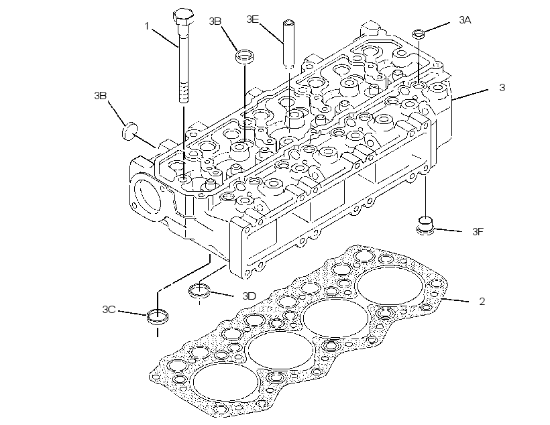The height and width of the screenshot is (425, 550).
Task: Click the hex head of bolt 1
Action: (184, 17)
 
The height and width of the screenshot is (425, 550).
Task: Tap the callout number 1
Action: (147, 26)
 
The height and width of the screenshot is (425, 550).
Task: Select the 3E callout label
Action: (253, 19)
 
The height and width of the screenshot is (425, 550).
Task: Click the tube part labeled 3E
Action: (288, 44)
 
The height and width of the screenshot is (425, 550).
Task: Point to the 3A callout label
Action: (465, 20)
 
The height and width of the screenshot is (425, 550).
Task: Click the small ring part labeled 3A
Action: (418, 34)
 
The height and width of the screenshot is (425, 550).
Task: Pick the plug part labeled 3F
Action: (425, 226)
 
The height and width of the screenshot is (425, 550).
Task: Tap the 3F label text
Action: (478, 231)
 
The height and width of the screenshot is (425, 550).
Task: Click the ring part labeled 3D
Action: (200, 291)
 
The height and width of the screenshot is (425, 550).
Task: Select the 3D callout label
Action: (249, 296)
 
